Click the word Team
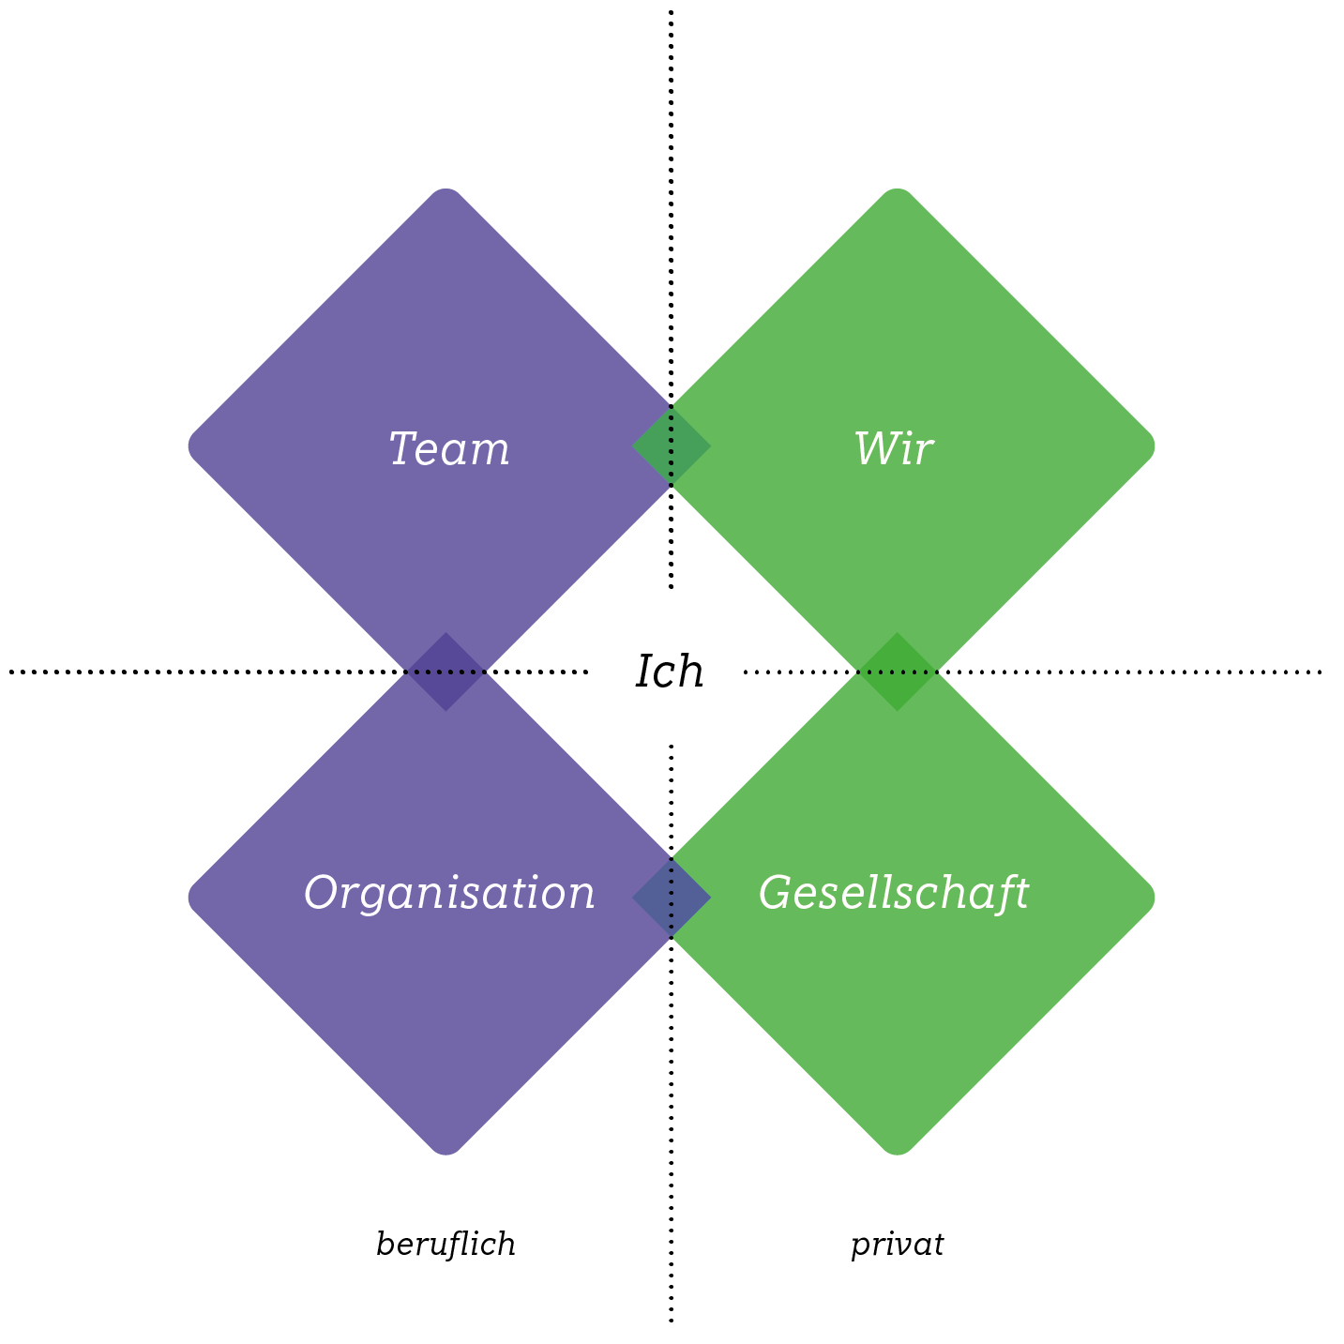[x=449, y=448]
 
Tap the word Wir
[x=894, y=448]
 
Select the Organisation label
[x=449, y=893]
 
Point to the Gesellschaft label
[x=894, y=893]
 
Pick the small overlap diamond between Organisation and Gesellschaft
[x=672, y=898]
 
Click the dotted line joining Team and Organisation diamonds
[x=445, y=672]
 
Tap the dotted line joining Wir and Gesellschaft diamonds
[x=898, y=672]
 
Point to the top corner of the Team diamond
[x=446, y=193]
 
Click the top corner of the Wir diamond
[x=898, y=193]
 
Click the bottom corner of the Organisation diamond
[x=446, y=1150]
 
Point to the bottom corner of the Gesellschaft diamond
[x=898, y=1150]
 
